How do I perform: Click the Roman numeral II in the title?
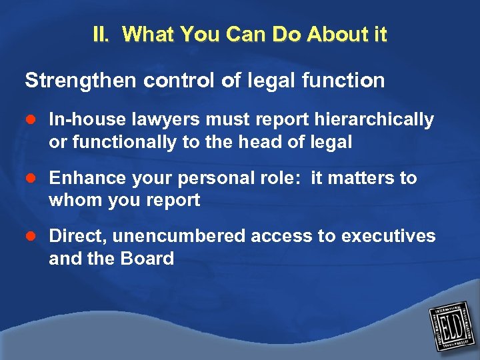pos(102,35)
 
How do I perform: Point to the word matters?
pos(363,179)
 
